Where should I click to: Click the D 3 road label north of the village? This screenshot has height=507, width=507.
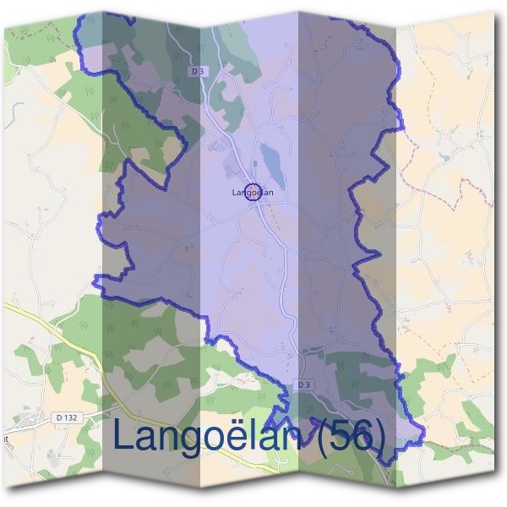pos(199,71)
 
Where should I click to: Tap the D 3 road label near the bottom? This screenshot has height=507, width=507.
pos(305,384)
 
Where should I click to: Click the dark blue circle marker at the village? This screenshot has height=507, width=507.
pos(251,193)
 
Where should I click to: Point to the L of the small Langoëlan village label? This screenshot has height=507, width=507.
pos(233,193)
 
